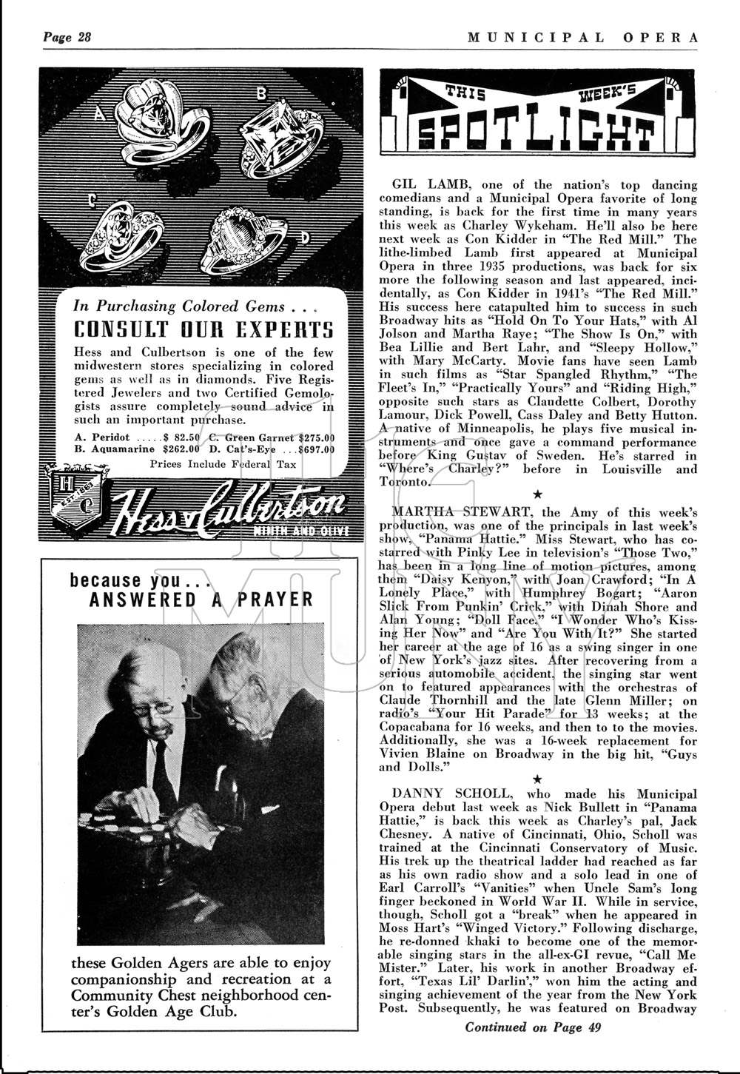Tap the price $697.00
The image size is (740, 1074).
[x=315, y=449]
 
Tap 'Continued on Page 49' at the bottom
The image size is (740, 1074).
[x=533, y=1027]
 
